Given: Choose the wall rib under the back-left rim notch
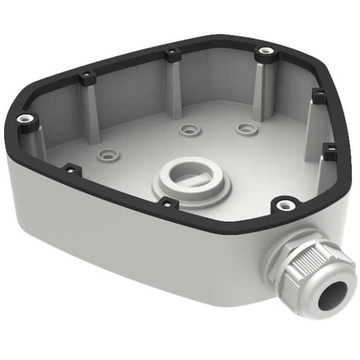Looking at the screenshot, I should [x=90, y=112].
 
